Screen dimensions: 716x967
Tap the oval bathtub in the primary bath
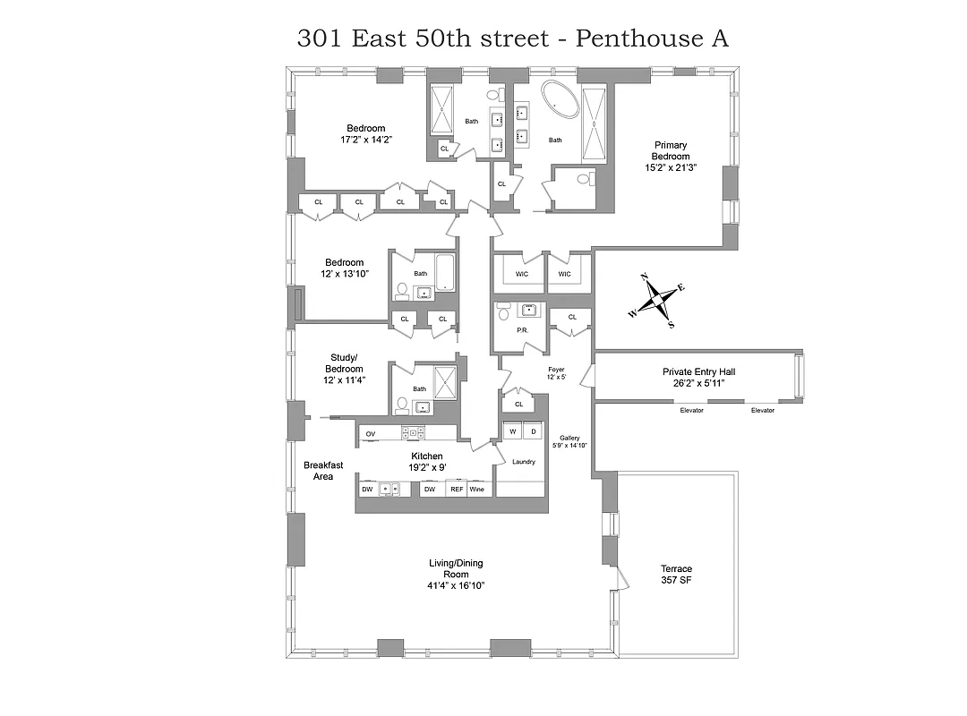click(x=558, y=100)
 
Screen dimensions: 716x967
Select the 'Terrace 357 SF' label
click(x=676, y=575)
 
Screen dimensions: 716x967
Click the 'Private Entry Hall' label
click(x=699, y=371)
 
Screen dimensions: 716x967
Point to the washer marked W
click(x=513, y=431)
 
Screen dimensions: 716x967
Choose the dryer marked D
click(x=533, y=431)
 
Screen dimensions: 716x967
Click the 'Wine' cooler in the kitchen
click(x=477, y=490)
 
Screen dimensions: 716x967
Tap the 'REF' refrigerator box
click(x=457, y=490)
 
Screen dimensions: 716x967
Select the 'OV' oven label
click(x=370, y=434)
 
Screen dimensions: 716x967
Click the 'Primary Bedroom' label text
click(x=671, y=150)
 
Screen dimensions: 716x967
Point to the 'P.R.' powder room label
click(x=522, y=330)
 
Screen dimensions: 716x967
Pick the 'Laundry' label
click(x=524, y=462)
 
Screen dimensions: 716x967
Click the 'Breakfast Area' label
click(x=323, y=471)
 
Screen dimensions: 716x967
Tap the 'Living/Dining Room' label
click(x=457, y=568)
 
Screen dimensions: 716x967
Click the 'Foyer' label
click(x=556, y=369)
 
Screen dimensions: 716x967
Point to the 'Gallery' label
click(x=570, y=438)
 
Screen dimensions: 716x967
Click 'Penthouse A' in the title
click(x=652, y=38)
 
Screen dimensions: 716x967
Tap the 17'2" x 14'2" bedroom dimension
click(x=367, y=140)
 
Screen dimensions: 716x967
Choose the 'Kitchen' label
click(x=427, y=456)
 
